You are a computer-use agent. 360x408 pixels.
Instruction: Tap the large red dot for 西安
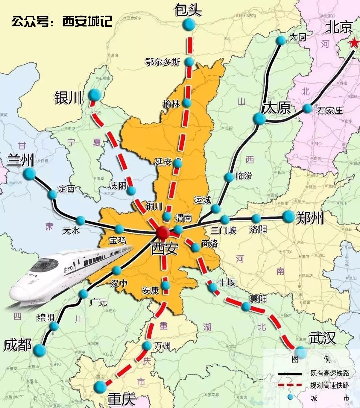tap(163, 232)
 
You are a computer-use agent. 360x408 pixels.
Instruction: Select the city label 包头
tap(188, 10)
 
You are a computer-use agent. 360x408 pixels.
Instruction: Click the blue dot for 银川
tap(95, 95)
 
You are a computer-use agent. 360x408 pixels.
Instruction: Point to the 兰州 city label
tap(20, 161)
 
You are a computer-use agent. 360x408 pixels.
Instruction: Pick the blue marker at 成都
tap(40, 350)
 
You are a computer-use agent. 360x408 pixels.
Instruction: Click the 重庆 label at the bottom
tap(121, 399)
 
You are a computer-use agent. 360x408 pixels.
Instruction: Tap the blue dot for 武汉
tap(301, 352)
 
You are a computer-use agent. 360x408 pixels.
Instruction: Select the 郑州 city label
tap(310, 218)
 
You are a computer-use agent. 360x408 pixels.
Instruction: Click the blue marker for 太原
tap(259, 118)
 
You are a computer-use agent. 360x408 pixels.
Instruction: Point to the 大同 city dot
tap(281, 40)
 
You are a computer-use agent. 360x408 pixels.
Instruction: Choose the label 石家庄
tap(330, 110)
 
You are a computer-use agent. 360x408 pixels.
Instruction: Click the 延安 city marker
tap(178, 163)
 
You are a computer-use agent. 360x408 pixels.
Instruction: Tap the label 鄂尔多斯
tap(163, 62)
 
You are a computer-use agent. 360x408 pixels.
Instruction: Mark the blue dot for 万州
tap(147, 346)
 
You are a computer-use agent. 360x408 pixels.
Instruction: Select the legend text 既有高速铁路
tap(329, 374)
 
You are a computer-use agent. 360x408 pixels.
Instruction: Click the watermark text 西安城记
tap(87, 21)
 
